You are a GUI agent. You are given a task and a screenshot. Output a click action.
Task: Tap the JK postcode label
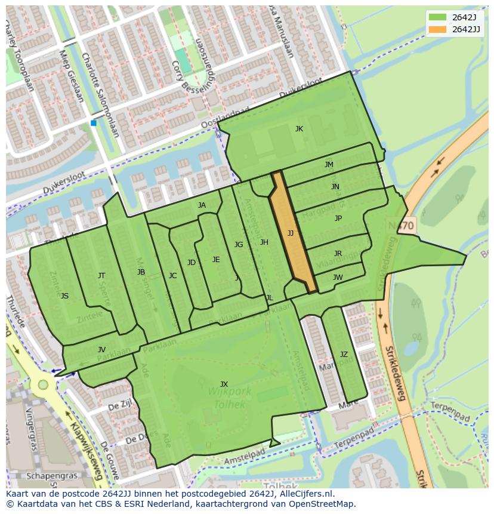point(299,129)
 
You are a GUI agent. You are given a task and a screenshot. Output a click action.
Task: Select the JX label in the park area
point(224,384)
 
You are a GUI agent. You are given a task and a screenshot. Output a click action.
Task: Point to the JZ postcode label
point(344,355)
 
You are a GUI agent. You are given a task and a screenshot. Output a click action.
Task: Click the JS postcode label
point(64,296)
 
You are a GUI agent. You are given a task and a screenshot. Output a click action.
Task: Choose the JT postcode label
point(101,276)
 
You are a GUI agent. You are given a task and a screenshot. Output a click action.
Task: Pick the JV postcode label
point(101,350)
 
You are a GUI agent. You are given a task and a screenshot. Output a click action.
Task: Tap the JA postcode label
point(202,205)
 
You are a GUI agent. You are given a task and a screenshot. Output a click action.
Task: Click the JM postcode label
point(329,165)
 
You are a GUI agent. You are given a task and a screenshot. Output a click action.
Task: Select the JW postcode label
point(338,278)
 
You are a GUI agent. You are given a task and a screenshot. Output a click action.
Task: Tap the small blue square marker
point(93,123)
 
